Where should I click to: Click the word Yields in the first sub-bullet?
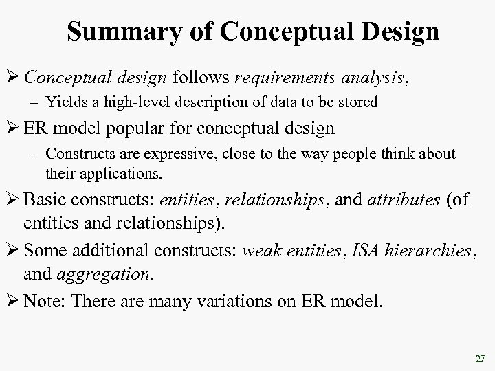(x=63, y=103)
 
